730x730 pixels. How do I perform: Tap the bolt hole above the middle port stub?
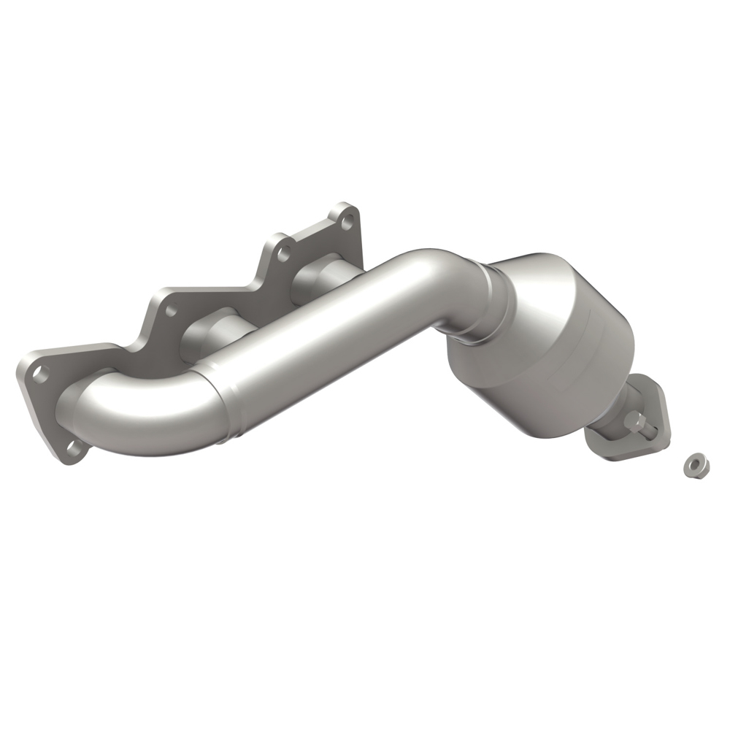tap(172, 310)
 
